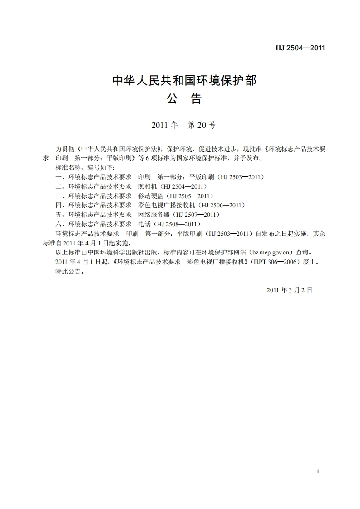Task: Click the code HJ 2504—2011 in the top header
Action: click(301, 48)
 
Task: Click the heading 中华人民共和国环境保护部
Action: click(184, 81)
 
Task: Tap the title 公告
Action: click(184, 99)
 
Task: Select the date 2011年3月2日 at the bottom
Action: click(290, 290)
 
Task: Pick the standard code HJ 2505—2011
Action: click(191, 196)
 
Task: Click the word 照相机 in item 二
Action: click(147, 186)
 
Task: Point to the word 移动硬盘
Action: click(150, 196)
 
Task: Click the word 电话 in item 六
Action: click(144, 224)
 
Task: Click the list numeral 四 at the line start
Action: click(58, 206)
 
